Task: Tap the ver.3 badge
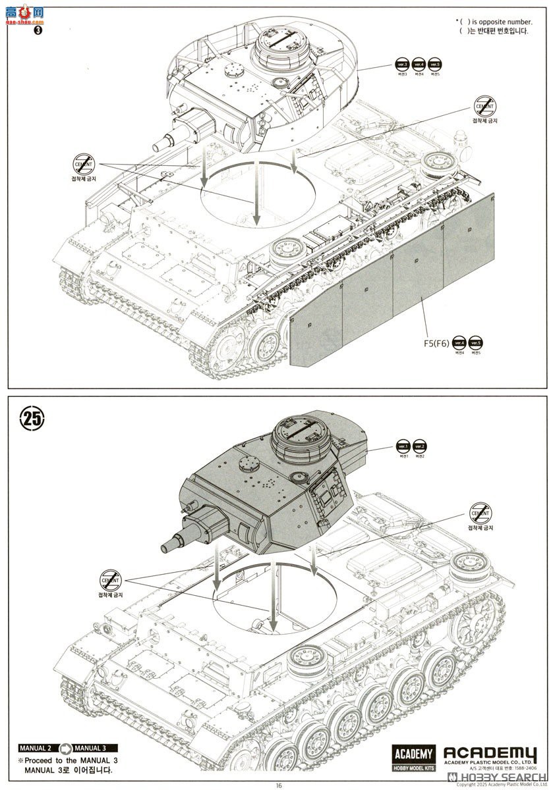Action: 401,65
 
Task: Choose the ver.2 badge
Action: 420,446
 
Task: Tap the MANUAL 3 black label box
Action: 93,748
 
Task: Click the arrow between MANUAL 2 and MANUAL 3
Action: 64,748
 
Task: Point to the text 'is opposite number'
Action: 495,22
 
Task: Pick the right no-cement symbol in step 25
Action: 479,512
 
